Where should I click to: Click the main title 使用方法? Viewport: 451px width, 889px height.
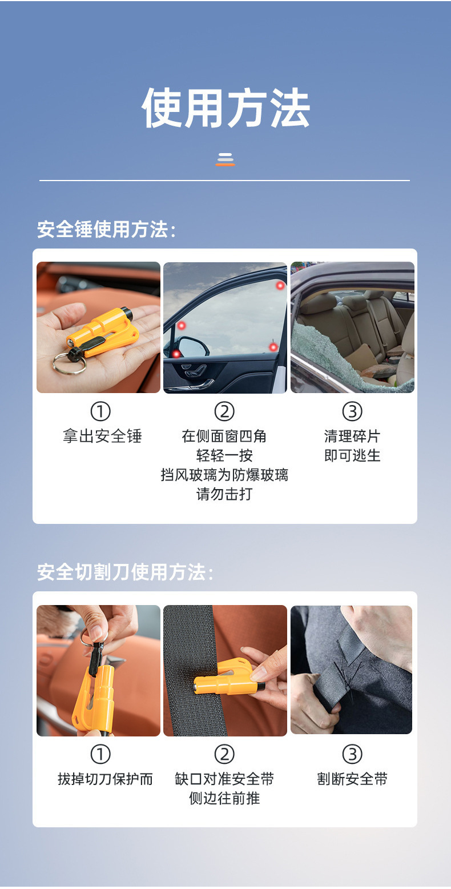click(226, 108)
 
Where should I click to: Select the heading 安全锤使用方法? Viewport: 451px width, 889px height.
click(106, 230)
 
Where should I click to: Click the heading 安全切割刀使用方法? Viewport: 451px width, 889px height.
click(125, 572)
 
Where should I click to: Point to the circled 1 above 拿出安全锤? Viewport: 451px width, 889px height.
click(100, 411)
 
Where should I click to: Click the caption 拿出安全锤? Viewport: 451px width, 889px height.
click(102, 437)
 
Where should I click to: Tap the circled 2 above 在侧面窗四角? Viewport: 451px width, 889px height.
click(224, 411)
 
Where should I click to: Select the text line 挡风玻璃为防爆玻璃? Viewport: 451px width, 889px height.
click(224, 475)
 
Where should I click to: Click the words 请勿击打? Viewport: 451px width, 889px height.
click(224, 494)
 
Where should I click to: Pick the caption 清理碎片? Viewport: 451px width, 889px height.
click(352, 437)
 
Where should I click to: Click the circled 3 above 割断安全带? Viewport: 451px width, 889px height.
click(352, 754)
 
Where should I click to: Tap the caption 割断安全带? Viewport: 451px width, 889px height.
click(352, 779)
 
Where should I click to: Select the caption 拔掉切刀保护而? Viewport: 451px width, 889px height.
click(105, 779)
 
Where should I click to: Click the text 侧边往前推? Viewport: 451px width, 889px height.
click(224, 798)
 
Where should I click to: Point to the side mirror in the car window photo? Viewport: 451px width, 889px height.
click(191, 346)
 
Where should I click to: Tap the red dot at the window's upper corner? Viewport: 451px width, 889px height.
click(280, 286)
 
